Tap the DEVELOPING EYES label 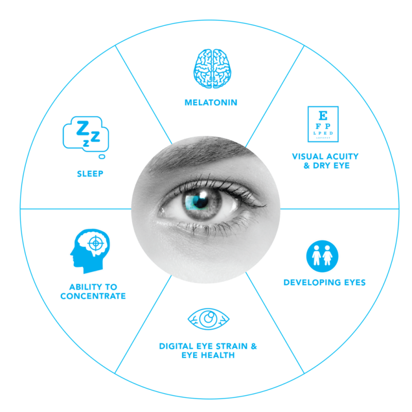(x=324, y=282)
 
